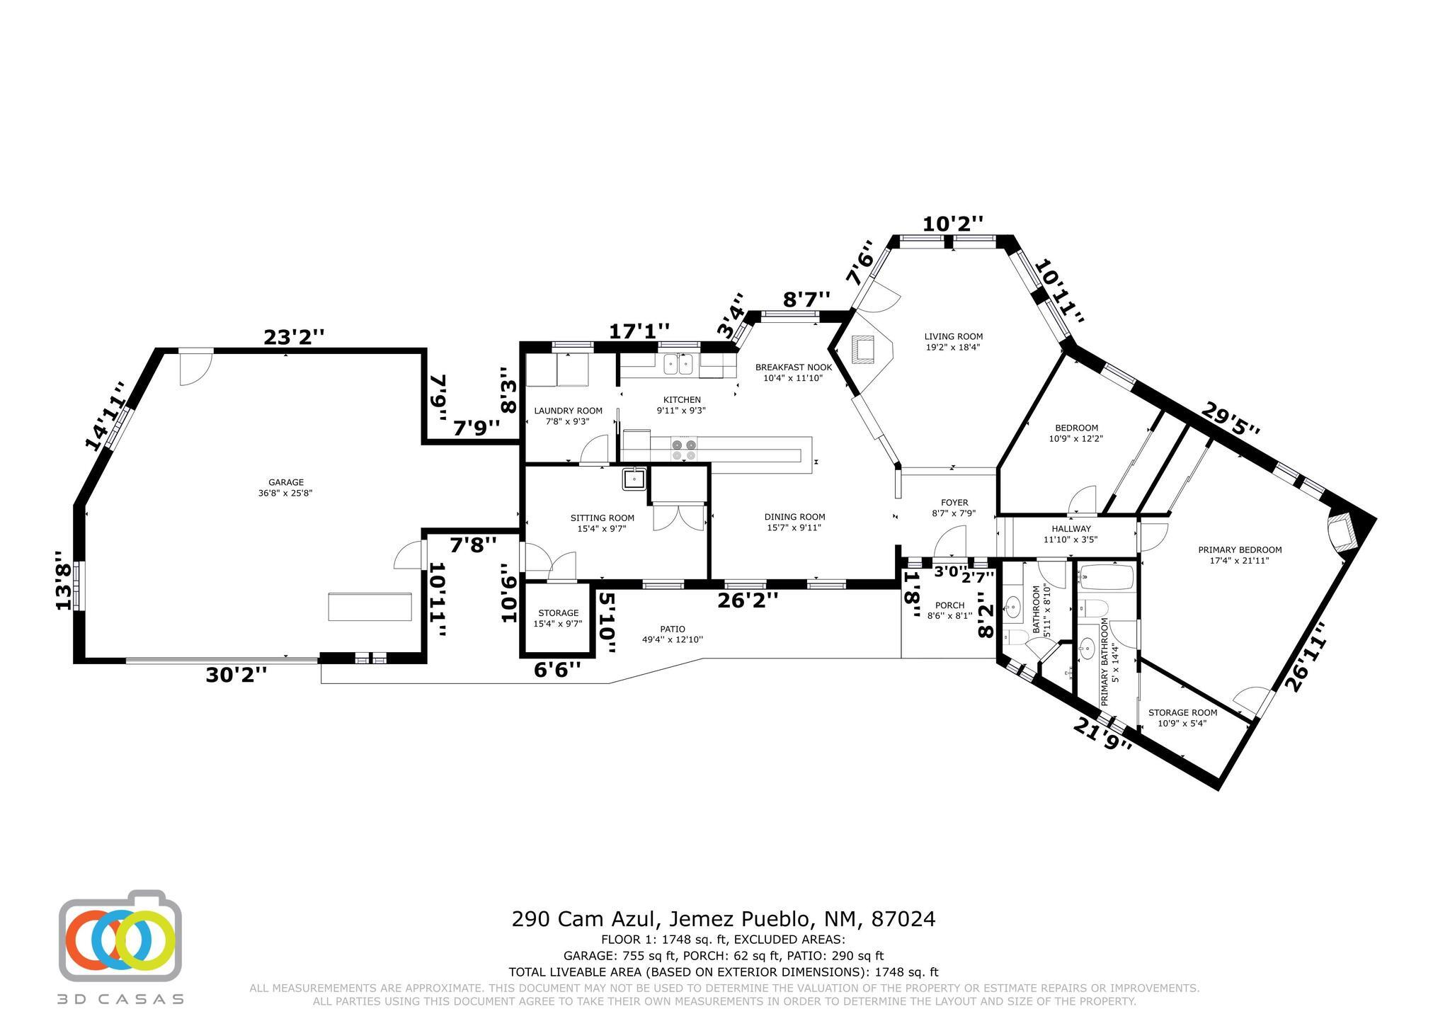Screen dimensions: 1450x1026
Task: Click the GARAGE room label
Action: point(286,483)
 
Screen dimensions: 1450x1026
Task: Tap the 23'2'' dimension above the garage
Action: point(294,338)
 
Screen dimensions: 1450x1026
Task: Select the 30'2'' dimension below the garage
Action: point(236,675)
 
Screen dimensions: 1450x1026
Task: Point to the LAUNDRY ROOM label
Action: point(568,411)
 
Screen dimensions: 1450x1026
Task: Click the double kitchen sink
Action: point(678,364)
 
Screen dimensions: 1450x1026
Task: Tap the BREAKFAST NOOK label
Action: point(793,367)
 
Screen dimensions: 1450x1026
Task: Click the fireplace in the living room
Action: point(866,349)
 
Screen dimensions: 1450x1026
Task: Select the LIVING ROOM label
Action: point(954,336)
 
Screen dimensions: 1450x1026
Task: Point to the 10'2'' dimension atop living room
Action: point(953,224)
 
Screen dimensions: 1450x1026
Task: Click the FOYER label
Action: point(955,503)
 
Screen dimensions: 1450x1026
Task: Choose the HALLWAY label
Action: point(1071,529)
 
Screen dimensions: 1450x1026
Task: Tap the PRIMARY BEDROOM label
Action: point(1240,549)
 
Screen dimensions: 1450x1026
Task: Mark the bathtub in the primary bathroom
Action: point(1106,576)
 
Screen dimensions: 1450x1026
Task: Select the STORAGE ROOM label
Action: point(1182,713)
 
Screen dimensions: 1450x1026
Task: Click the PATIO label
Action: point(673,629)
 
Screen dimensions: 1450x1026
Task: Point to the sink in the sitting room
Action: point(634,479)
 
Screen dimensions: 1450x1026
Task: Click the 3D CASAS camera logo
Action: point(120,935)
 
